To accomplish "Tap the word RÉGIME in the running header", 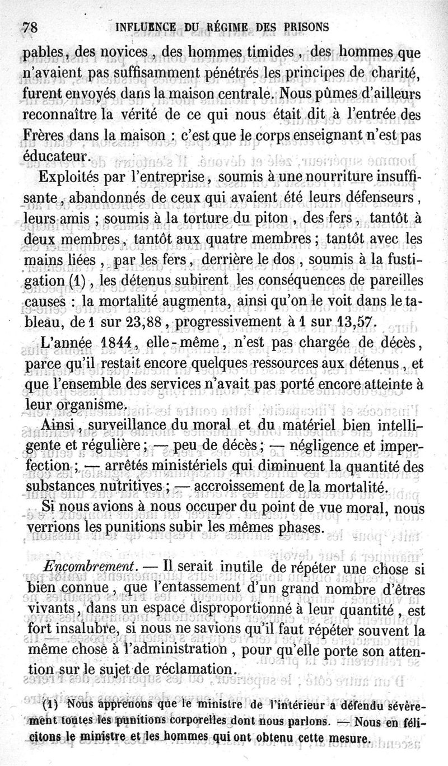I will (x=213, y=26).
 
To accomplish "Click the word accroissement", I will (x=240, y=485).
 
